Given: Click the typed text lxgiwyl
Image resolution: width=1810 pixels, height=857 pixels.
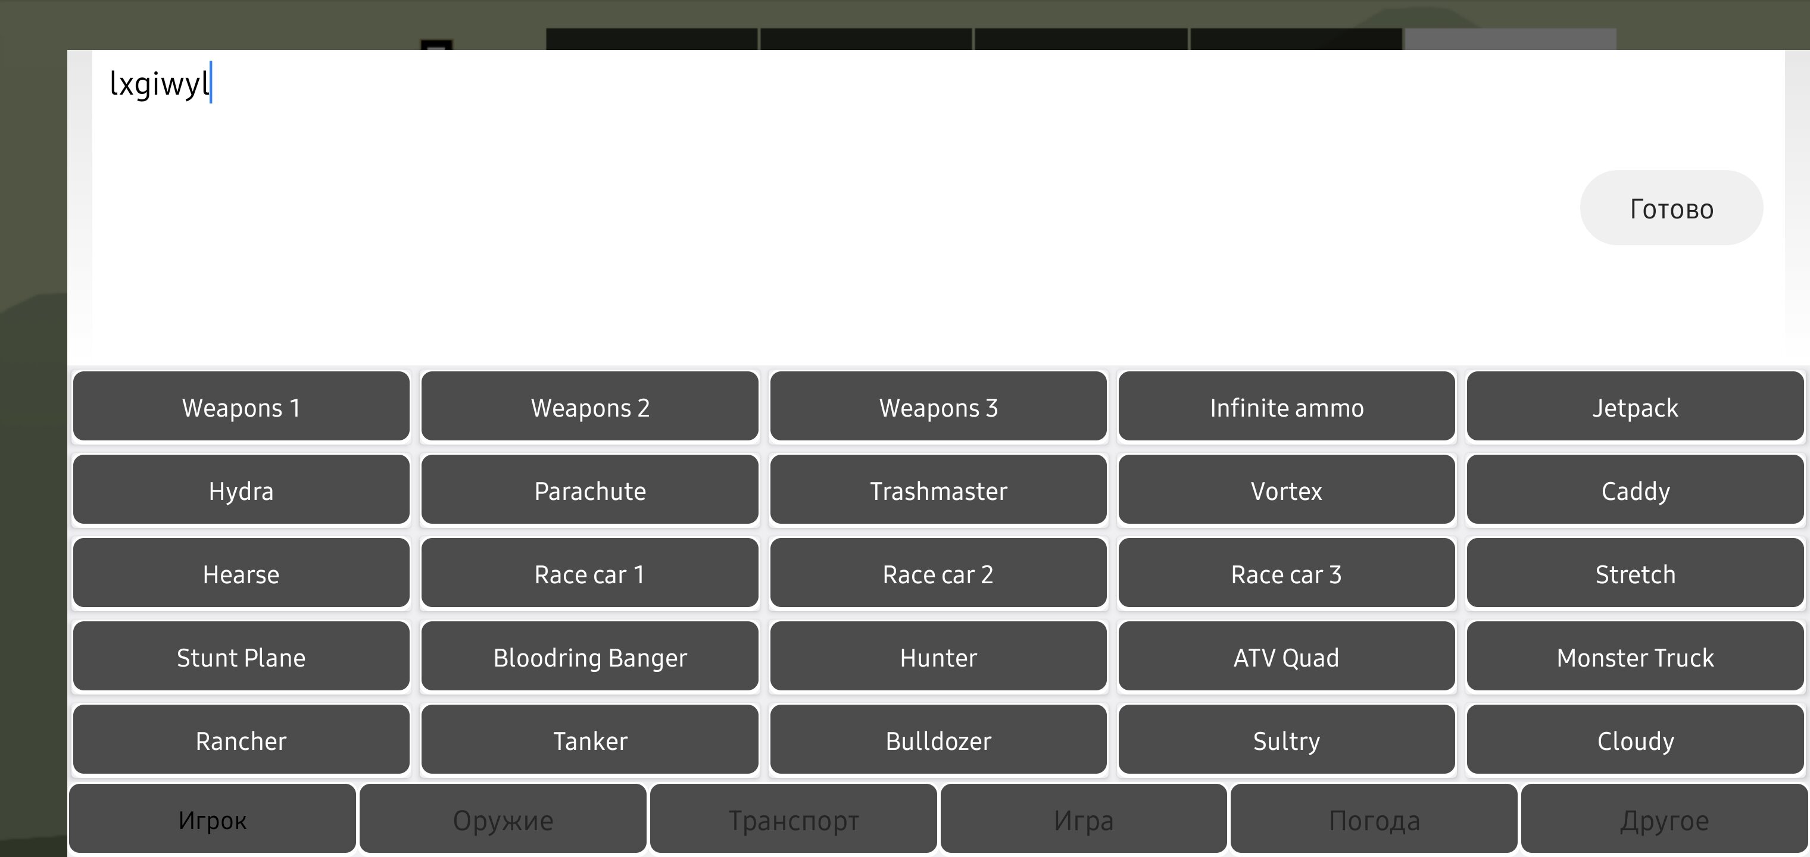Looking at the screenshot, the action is (160, 83).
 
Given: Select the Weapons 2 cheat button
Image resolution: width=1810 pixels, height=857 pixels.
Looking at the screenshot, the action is (589, 406).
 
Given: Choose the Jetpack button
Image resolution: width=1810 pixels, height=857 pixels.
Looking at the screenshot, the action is (1635, 406).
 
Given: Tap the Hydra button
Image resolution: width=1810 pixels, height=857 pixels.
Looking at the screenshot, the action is (241, 490).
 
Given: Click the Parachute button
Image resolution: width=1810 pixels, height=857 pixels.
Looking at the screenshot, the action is (589, 490).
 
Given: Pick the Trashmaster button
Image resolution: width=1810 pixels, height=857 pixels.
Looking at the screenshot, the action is (938, 490).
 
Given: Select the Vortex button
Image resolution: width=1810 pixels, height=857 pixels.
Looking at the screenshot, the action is (1287, 490).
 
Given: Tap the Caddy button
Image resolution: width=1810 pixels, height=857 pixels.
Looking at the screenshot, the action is (1635, 490).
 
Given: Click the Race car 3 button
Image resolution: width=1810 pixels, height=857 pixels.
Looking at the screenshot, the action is (1287, 573).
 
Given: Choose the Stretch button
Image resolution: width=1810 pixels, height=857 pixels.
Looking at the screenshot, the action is (1635, 573).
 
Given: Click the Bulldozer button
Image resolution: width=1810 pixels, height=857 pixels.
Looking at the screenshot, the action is (938, 740).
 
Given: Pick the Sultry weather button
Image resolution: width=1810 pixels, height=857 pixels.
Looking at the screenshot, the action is (1287, 740).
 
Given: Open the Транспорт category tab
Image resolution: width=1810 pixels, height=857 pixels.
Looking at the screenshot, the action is (793, 819).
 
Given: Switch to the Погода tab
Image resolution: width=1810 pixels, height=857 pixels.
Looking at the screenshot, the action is (1374, 819).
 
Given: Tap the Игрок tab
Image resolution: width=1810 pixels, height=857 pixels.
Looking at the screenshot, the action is (212, 819).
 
